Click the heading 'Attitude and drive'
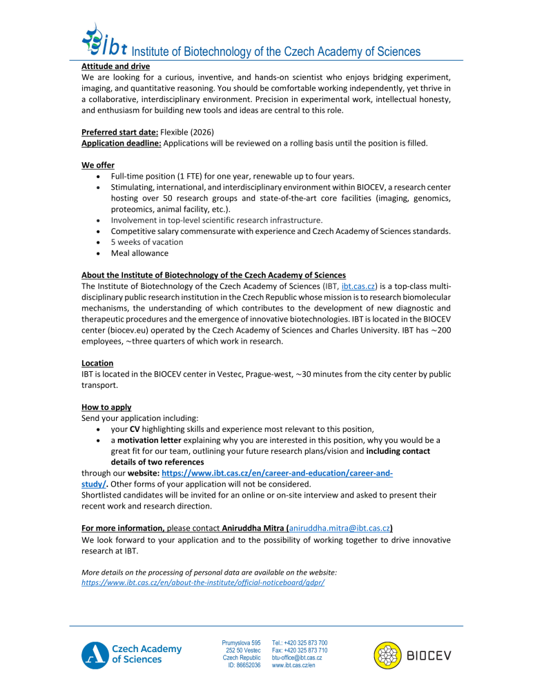click(115, 66)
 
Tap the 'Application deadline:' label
click(122, 143)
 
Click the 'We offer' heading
click(98, 166)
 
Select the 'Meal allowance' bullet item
click(139, 253)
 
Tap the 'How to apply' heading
click(106, 407)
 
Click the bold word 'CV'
click(135, 429)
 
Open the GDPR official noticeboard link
click(202, 582)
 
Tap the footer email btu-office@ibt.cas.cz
click(302, 658)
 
